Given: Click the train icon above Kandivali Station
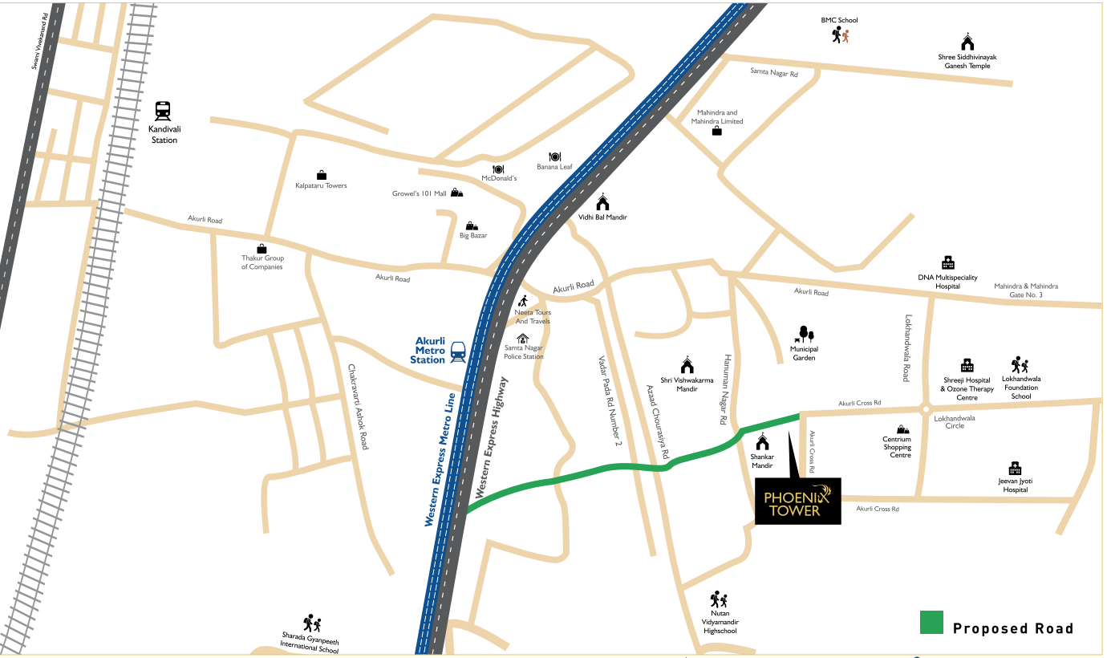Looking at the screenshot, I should pos(163,111).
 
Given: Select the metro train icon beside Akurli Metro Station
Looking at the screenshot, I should pos(459,351).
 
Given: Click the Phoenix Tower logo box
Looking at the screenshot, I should pos(797,502).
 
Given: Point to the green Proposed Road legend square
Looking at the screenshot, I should pos(931,623).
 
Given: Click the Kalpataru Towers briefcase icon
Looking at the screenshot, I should pos(322,175).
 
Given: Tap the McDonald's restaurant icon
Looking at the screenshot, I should pos(498,169).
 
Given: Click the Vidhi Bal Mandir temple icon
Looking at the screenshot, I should pos(602,202).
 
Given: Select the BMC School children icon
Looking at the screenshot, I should pos(840,35).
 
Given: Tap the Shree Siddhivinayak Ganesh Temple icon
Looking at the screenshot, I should pos(967,43).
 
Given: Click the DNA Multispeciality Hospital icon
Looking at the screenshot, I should pos(947,262).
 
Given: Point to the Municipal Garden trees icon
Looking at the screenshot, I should pos(805,334).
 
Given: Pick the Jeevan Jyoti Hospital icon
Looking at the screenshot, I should pos(1015,468).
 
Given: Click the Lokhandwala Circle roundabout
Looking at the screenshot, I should pos(926,408).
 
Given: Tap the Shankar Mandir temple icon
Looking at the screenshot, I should pos(762,442).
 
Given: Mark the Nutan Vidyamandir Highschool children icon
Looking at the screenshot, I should pos(719,599).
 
